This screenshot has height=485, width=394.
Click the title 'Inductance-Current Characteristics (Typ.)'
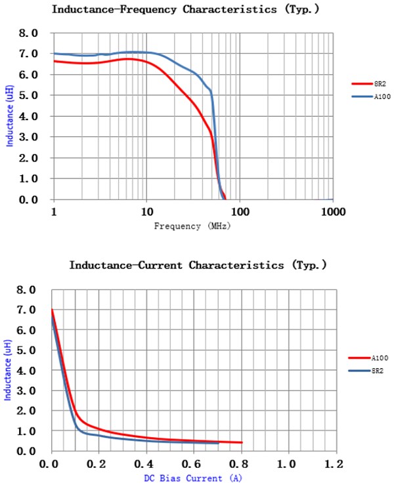tap(198, 266)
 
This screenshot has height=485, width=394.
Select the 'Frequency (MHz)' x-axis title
tap(192, 226)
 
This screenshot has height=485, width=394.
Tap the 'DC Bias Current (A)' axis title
tap(192, 478)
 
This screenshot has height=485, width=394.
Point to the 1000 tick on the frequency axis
tap(333, 212)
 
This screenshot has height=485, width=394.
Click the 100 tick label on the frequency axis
tap(240, 212)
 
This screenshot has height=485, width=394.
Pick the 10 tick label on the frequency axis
tap(146, 212)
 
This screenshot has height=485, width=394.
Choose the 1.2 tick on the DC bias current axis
tap(336, 465)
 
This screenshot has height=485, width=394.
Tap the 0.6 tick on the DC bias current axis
tap(194, 465)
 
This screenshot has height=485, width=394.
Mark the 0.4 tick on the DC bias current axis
tap(146, 465)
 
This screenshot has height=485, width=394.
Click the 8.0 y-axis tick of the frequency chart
tap(30, 33)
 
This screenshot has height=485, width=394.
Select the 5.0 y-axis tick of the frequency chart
tap(30, 95)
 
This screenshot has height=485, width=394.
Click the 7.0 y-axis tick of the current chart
tap(30, 310)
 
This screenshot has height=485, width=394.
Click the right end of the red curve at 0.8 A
tap(241, 442)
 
